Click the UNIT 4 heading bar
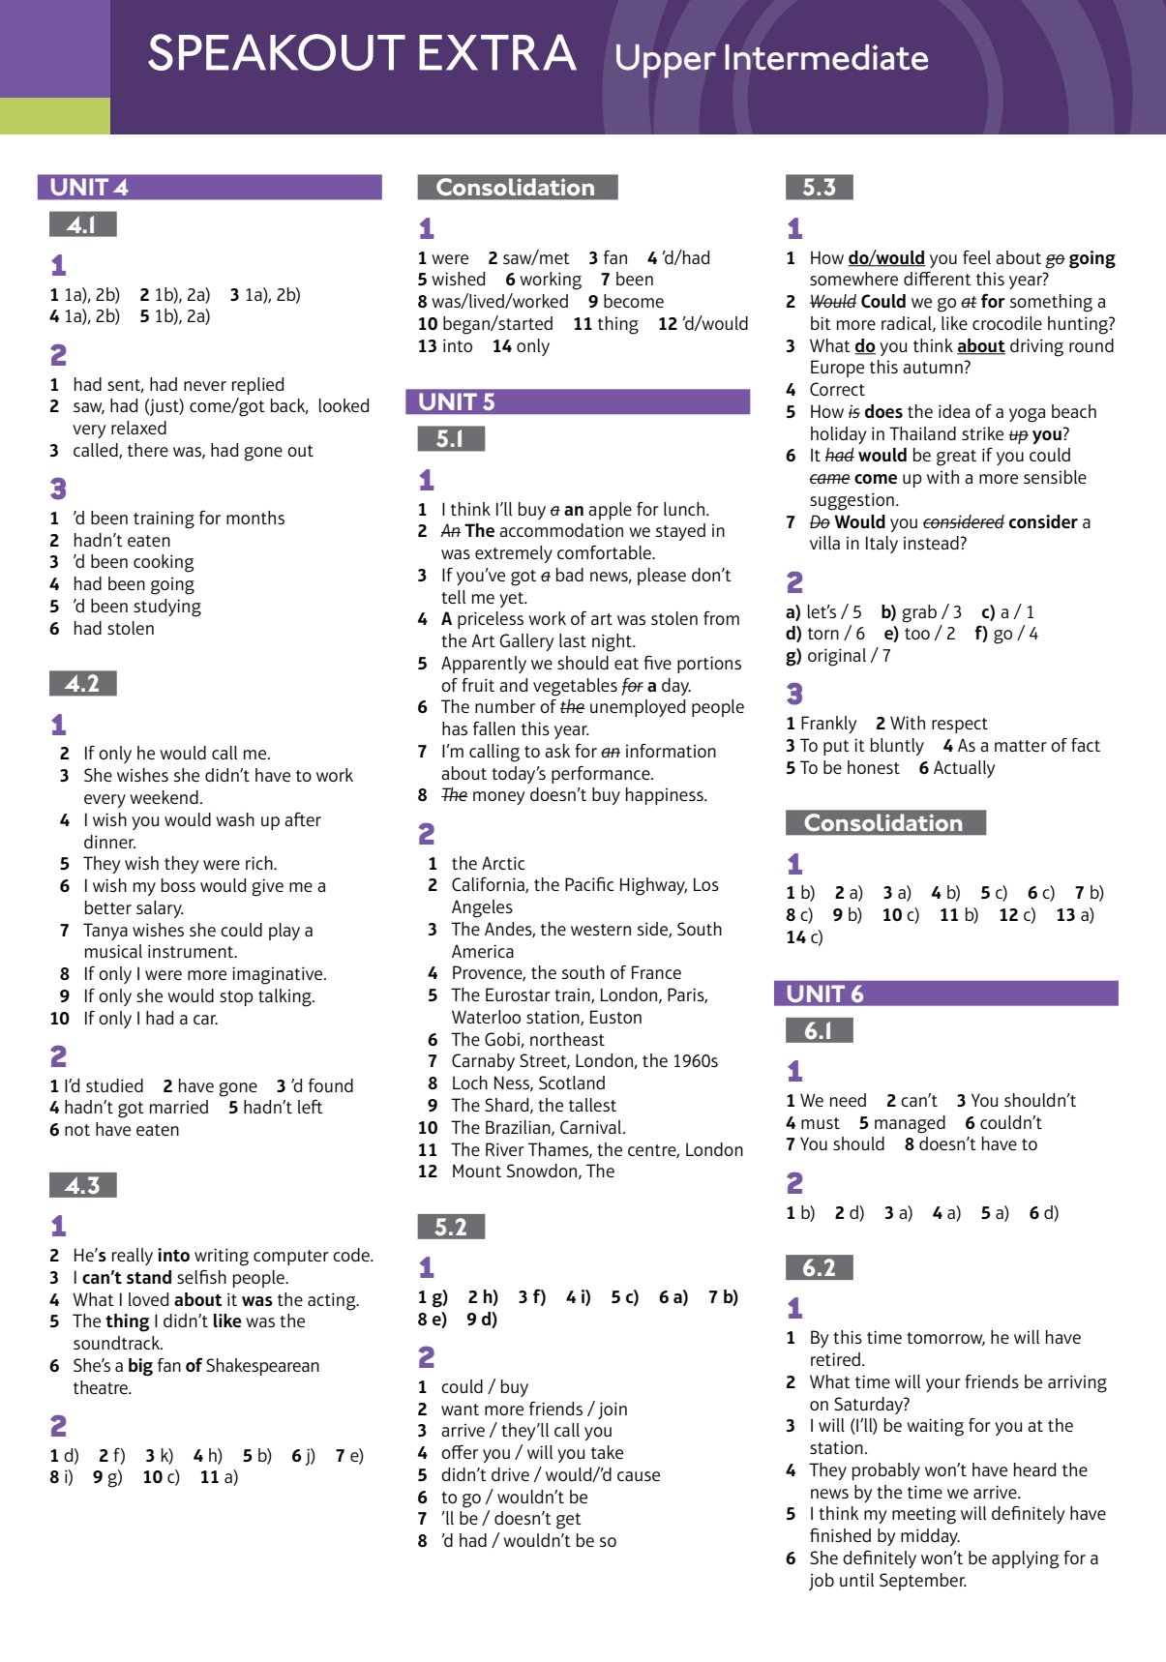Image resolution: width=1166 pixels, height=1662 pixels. (x=209, y=187)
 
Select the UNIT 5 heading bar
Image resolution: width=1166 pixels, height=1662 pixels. (x=577, y=401)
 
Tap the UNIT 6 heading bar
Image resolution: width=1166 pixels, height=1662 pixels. (x=945, y=994)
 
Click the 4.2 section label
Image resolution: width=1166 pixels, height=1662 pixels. (x=82, y=684)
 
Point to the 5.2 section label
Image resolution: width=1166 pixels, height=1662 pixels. (x=451, y=1227)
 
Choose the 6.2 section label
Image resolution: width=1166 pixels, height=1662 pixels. (x=819, y=1267)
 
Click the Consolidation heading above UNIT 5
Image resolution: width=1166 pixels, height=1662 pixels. (x=516, y=187)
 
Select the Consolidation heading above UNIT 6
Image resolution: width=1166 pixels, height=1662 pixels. (x=884, y=822)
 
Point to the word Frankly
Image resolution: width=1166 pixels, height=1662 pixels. (x=828, y=724)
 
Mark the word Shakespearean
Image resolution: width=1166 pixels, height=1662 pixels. (x=262, y=1366)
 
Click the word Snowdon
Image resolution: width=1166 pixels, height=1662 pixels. (x=533, y=1172)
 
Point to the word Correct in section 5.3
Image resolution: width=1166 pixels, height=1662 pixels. (x=837, y=390)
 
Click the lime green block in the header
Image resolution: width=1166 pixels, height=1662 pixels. (x=55, y=116)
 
